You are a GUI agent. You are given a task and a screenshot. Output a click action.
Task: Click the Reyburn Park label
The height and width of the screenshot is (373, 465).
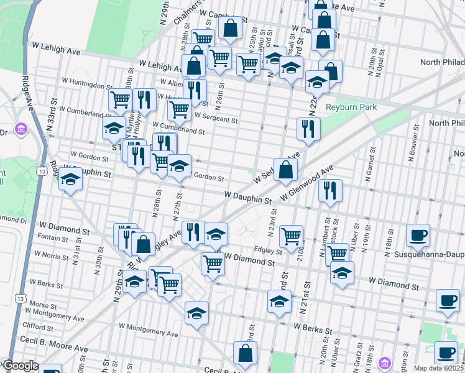click(x=351, y=107)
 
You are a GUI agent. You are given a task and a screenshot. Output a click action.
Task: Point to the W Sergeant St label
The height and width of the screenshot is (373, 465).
click(x=216, y=115)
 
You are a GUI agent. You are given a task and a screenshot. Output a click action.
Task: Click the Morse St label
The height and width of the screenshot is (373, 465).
click(x=43, y=305)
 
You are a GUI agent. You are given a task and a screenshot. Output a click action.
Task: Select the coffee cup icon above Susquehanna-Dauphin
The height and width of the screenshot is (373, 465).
click(x=418, y=235)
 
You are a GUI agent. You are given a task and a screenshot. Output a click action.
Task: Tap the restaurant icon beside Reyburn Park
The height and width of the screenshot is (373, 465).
click(x=308, y=129)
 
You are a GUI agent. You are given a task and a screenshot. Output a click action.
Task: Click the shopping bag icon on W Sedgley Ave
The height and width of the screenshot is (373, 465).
click(x=285, y=169)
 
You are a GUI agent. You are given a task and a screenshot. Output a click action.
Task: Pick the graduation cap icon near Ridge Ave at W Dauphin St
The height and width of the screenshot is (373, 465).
click(x=71, y=180)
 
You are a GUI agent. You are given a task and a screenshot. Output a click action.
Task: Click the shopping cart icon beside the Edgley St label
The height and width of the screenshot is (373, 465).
click(x=291, y=236)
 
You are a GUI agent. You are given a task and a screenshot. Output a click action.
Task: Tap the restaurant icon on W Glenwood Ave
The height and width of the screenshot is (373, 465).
click(x=330, y=190)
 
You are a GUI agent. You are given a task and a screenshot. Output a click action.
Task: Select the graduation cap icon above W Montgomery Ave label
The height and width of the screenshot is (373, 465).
click(x=197, y=312)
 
